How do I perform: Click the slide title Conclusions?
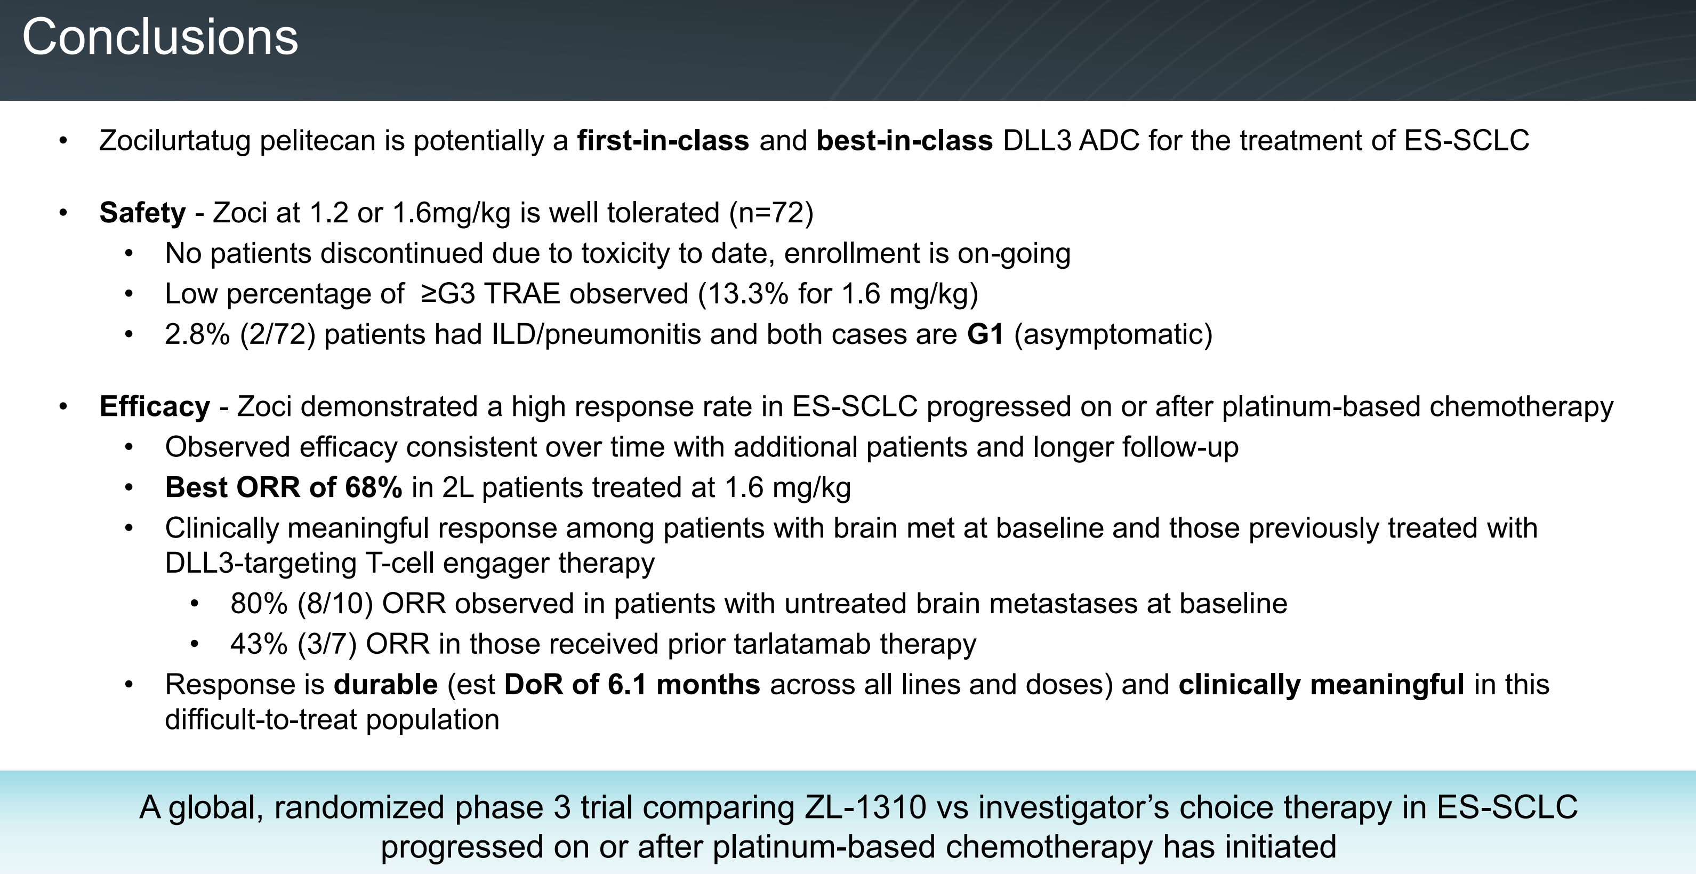tap(160, 37)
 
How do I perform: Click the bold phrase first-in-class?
tap(663, 141)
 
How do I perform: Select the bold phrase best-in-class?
tap(905, 141)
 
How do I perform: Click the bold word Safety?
tap(143, 213)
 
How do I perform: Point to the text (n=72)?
tap(771, 213)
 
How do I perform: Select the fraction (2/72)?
tap(278, 334)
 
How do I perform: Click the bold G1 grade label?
tap(985, 334)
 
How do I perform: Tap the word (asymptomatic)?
tap(1113, 334)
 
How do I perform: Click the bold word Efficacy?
tap(155, 407)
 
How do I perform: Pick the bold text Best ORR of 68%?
tap(284, 488)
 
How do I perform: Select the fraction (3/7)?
tap(327, 644)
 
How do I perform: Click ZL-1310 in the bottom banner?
tap(866, 807)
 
